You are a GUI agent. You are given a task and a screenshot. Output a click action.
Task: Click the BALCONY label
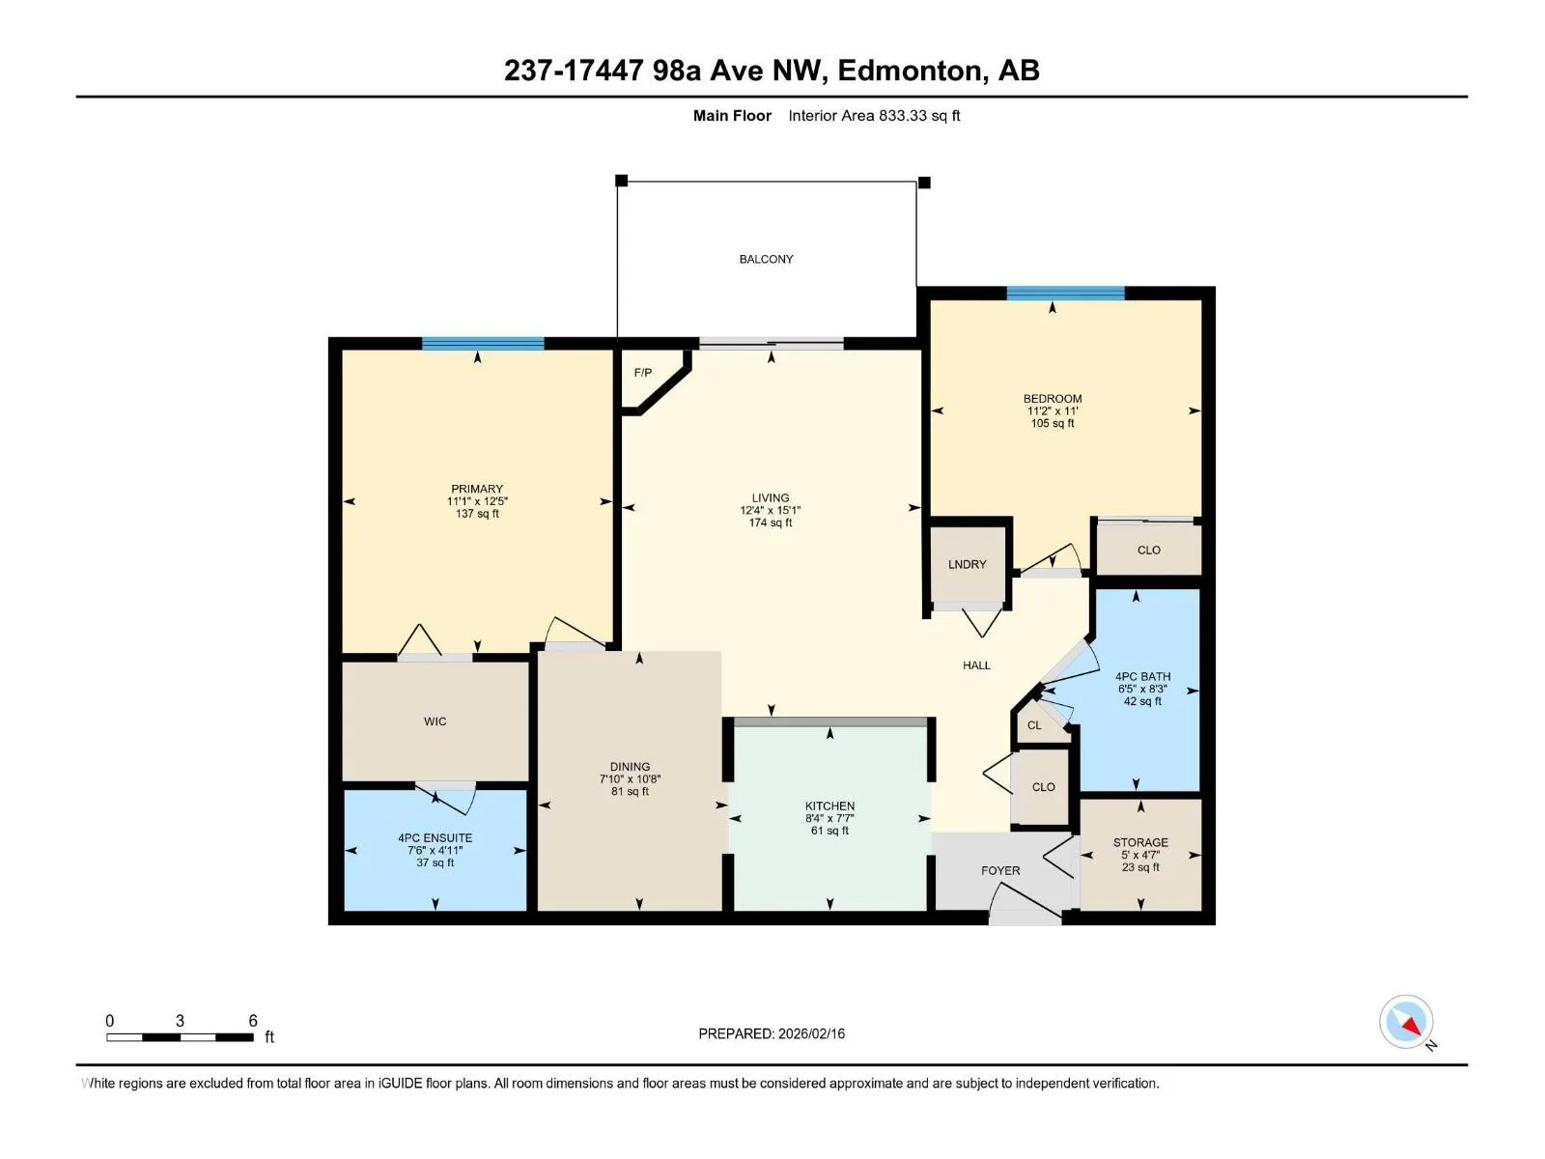pyautogui.click(x=766, y=259)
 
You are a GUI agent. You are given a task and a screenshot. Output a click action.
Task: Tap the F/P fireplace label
pyautogui.click(x=643, y=372)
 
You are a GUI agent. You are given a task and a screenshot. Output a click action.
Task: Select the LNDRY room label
pyautogui.click(x=968, y=564)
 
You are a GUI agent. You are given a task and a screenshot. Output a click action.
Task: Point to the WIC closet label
pyautogui.click(x=435, y=721)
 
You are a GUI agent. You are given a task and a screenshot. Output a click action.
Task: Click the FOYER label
pyautogui.click(x=1000, y=870)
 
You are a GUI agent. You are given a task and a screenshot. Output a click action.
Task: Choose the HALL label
pyautogui.click(x=976, y=665)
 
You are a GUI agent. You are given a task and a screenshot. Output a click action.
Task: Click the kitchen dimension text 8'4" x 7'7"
pyautogui.click(x=829, y=818)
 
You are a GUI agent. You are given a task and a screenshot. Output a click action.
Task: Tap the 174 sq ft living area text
pyautogui.click(x=770, y=523)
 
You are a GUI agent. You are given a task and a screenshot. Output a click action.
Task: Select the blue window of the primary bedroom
pyautogui.click(x=483, y=344)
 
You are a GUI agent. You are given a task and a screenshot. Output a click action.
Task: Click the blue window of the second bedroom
pyautogui.click(x=1066, y=293)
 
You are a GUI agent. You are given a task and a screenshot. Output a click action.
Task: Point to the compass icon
pyautogui.click(x=1406, y=1022)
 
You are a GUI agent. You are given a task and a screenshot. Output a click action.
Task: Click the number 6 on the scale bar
pyautogui.click(x=253, y=1020)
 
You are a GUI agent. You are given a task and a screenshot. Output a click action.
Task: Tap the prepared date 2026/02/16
pyautogui.click(x=811, y=1033)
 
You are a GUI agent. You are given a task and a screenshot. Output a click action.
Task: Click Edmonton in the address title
pyautogui.click(x=909, y=71)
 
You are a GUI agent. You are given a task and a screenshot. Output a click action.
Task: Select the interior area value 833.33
pyautogui.click(x=902, y=115)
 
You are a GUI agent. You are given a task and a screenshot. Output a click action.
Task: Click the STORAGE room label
pyautogui.click(x=1140, y=842)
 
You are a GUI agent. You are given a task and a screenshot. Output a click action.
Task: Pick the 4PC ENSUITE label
pyautogui.click(x=435, y=837)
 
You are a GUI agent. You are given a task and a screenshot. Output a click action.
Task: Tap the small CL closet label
pyautogui.click(x=1034, y=724)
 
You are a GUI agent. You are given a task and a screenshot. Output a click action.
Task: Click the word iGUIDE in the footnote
pyautogui.click(x=400, y=1083)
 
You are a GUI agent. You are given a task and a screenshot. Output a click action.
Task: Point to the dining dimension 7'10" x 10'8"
pyautogui.click(x=630, y=779)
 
